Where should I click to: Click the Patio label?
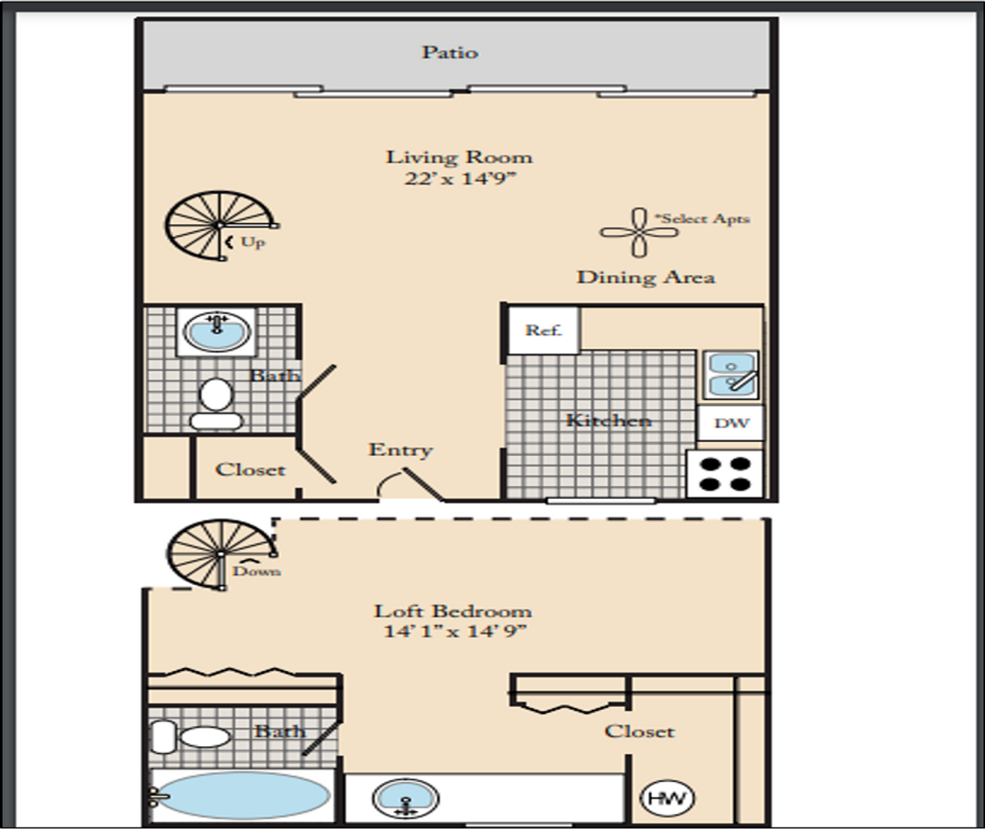[x=450, y=52]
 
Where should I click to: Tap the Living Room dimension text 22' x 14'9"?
[x=460, y=179]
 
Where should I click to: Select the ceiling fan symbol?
[x=640, y=233]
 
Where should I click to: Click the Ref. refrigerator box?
[x=544, y=330]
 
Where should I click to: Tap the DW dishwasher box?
[x=731, y=423]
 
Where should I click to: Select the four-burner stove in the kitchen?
[x=725, y=474]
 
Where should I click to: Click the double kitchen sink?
[x=731, y=375]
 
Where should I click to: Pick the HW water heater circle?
[x=667, y=799]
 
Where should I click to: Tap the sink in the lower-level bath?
[x=217, y=332]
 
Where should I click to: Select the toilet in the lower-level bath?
[x=216, y=404]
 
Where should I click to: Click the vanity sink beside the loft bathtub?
[x=405, y=799]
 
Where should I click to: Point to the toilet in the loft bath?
[x=190, y=737]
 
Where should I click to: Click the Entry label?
[x=401, y=450]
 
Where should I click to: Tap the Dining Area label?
[x=646, y=277]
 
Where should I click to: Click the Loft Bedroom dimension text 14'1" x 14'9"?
[x=454, y=631]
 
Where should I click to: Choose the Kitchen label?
[x=609, y=420]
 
